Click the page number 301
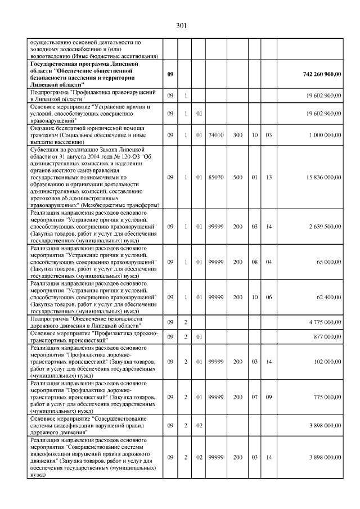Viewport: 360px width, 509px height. pos(181,25)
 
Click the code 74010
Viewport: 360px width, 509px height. pos(215,136)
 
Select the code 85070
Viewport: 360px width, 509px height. pos(215,177)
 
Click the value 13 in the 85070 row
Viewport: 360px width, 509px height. pos(269,177)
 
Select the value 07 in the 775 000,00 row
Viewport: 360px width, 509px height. pos(254,398)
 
